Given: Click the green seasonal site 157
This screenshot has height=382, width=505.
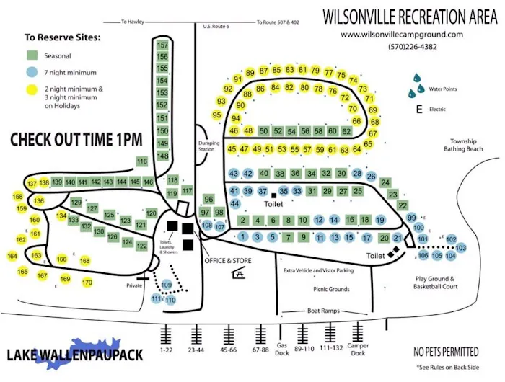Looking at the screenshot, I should pos(162,45).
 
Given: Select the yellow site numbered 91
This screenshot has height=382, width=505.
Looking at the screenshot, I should pos(237,79).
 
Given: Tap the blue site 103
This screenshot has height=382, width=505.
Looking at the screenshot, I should pos(462,248).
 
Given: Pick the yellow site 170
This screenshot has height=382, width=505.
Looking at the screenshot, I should pos(87,283).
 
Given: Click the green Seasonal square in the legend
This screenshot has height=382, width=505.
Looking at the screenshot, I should pos(32,55).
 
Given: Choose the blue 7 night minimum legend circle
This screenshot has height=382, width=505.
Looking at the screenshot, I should pos(32,72).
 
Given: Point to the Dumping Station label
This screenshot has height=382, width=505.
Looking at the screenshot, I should pos(208,146).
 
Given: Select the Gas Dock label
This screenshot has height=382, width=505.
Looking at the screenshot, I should pos(282,349).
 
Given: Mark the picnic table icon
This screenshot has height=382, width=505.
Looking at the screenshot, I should pos(239,273).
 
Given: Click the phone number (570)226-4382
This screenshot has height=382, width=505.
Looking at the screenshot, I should pos(412,47).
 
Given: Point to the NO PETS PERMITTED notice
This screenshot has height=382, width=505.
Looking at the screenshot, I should pos(445,352).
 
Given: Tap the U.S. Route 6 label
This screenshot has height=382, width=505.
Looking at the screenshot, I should pos(216,27).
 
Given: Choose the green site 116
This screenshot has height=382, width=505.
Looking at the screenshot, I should pos(141,161).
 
